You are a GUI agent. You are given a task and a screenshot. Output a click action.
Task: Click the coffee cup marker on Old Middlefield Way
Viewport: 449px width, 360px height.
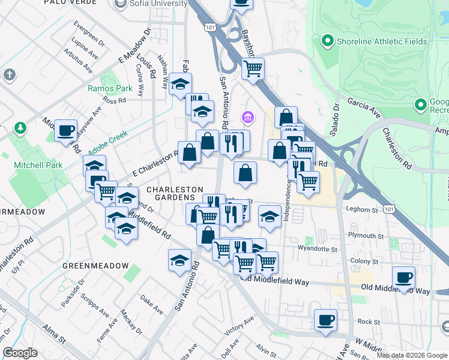click(404, 278)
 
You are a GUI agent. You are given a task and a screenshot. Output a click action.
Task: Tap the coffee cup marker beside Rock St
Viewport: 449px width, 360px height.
click(325, 320)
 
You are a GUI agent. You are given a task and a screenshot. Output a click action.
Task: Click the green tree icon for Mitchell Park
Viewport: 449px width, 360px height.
click(20, 128)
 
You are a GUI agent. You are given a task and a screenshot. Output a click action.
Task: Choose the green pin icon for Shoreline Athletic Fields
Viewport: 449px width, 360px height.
click(327, 41)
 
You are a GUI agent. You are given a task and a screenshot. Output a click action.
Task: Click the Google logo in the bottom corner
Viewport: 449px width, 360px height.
click(20, 353)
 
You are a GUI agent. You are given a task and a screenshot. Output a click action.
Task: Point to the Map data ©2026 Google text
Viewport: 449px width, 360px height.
click(412, 355)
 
